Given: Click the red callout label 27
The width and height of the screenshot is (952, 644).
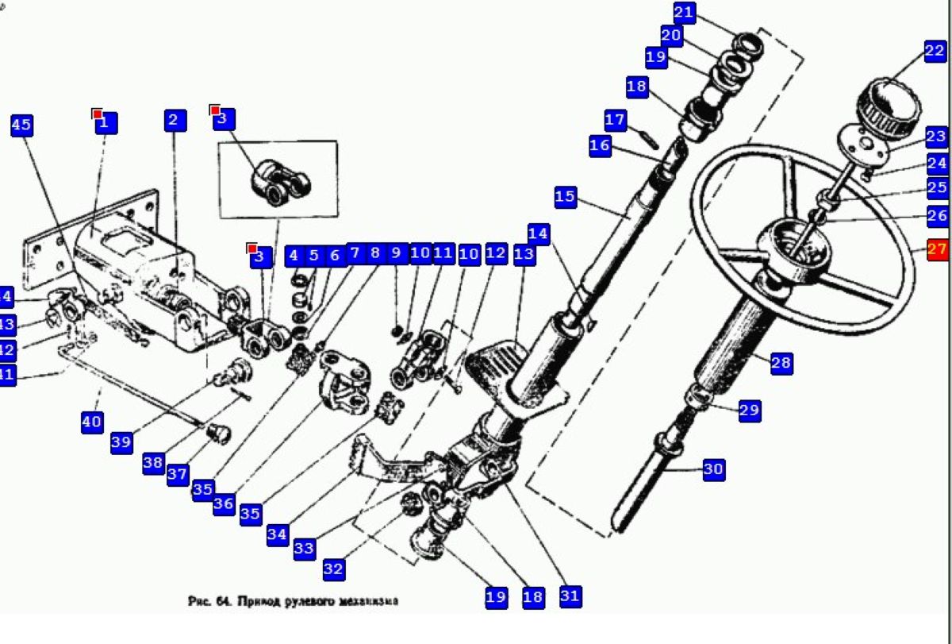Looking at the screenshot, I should click(x=937, y=249).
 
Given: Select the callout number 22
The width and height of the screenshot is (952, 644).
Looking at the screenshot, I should click(x=935, y=52).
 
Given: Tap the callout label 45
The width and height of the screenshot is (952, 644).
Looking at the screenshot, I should click(x=22, y=125).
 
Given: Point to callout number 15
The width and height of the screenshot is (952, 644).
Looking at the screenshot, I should click(x=565, y=197).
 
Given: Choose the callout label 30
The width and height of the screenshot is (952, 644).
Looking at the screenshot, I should click(x=713, y=469).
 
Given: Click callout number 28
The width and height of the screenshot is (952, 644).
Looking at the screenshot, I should click(x=781, y=363).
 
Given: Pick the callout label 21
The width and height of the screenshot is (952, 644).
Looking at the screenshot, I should click(x=685, y=13).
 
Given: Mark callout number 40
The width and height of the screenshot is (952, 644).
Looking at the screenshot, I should click(x=92, y=421).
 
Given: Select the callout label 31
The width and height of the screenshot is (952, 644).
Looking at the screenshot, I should click(x=570, y=596).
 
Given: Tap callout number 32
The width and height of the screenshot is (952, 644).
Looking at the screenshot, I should click(x=333, y=569).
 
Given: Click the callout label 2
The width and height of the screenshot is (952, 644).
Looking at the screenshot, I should click(x=175, y=121).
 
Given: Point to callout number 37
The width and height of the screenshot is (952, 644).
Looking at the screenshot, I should click(x=178, y=475).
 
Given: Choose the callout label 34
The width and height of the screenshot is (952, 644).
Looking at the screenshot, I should click(x=277, y=534).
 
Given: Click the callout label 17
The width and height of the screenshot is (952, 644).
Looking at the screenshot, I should click(x=616, y=121).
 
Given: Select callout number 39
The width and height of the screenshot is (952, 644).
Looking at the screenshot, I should click(x=121, y=443).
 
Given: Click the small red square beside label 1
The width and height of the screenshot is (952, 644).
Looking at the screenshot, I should click(x=97, y=114).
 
